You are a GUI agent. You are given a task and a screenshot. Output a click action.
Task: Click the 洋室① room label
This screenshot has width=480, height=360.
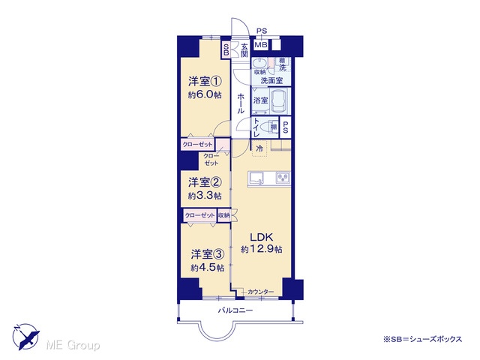pyautogui.click(x=205, y=82)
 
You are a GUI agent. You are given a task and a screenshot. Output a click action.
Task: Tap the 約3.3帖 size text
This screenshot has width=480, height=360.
pyautogui.click(x=205, y=196)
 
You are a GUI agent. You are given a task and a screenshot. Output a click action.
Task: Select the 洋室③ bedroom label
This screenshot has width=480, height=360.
pyautogui.click(x=208, y=254)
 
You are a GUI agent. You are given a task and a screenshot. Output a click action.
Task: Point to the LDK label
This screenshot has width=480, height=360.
pyautogui.click(x=262, y=237)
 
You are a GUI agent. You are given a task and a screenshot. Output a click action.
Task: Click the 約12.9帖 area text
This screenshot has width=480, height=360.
pyautogui.click(x=262, y=249)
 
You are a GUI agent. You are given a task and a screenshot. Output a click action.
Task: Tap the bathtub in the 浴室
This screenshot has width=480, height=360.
pyautogui.click(x=280, y=100)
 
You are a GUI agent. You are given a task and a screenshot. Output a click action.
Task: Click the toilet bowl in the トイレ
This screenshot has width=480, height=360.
pyautogui.click(x=272, y=127)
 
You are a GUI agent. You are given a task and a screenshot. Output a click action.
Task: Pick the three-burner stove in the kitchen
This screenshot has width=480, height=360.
pyautogui.click(x=283, y=178)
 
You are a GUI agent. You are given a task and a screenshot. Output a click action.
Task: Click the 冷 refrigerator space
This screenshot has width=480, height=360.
pyautogui.click(x=259, y=148)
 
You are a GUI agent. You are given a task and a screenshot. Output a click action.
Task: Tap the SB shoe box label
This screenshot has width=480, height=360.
pyautogui.click(x=226, y=49)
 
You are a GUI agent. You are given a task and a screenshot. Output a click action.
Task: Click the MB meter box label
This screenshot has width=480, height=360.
pyautogui.click(x=261, y=45)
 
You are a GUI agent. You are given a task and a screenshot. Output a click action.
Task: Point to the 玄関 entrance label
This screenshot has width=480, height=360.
pyautogui.click(x=244, y=50)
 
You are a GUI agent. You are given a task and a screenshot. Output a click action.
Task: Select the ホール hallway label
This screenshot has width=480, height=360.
pyautogui.click(x=241, y=103)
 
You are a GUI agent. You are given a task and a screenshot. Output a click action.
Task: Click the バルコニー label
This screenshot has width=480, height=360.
pyautogui.click(x=235, y=310)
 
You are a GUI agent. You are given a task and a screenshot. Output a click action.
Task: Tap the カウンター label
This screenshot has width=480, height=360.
pyautogui.click(x=260, y=292)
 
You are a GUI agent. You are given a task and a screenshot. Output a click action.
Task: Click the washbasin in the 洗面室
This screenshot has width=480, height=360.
pyautogui.click(x=260, y=64)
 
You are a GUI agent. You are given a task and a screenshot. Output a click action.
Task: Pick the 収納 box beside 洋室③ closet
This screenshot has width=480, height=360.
pyautogui.click(x=223, y=215)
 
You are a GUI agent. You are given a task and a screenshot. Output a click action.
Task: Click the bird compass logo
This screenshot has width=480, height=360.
pyautogui.click(x=25, y=337)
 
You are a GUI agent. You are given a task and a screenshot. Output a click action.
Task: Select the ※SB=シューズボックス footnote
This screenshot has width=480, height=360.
pyautogui.click(x=422, y=339)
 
